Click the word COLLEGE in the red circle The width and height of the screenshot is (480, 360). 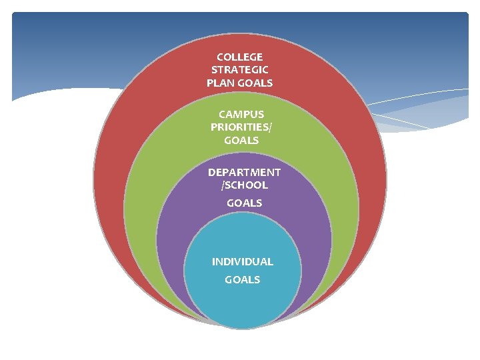click(239, 57)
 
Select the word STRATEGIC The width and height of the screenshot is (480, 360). click(239, 70)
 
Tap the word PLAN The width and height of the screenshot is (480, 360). click(220, 83)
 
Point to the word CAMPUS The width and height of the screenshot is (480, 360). click(241, 115)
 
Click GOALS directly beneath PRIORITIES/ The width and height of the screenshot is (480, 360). click(241, 141)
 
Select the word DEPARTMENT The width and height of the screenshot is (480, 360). click(244, 172)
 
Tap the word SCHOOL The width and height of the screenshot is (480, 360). click(246, 185)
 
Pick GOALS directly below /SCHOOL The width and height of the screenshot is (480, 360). click(244, 203)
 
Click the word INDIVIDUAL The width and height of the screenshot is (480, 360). click(242, 262)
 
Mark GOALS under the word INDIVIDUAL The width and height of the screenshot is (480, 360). click(242, 280)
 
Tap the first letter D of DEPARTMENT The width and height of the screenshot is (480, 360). click(211, 172)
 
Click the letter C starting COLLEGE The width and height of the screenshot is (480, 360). click(220, 57)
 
